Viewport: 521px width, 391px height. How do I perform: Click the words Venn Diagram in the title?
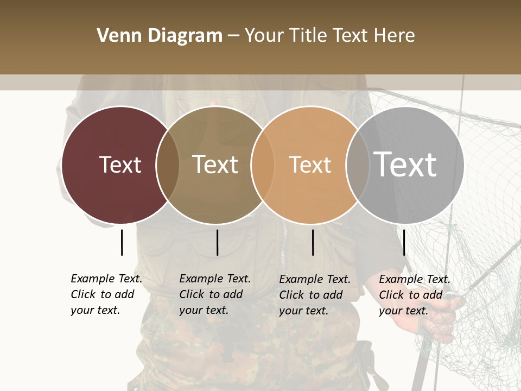tap(160, 36)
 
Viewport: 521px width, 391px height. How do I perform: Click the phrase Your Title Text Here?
tap(329, 36)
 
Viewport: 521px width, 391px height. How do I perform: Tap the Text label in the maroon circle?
tap(120, 165)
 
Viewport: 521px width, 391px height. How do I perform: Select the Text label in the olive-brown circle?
tap(215, 165)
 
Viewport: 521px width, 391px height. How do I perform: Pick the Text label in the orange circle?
tap(310, 165)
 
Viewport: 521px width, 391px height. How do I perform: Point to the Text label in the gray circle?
tap(405, 164)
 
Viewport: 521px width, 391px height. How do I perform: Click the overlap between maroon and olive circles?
tap(168, 165)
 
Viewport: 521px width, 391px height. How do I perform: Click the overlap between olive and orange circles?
tap(262, 165)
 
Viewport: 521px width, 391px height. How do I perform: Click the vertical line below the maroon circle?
tap(122, 242)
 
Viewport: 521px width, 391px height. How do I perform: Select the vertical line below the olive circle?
tap(217, 242)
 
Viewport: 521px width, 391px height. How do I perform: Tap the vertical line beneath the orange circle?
tap(313, 242)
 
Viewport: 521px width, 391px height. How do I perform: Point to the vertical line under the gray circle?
tap(404, 242)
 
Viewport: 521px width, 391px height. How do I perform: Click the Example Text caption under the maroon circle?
tap(106, 294)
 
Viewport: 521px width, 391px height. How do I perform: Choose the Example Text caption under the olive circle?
tap(214, 294)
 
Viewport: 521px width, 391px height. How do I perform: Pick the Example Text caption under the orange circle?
tap(314, 295)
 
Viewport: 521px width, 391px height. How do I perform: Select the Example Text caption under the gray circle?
tap(414, 295)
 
